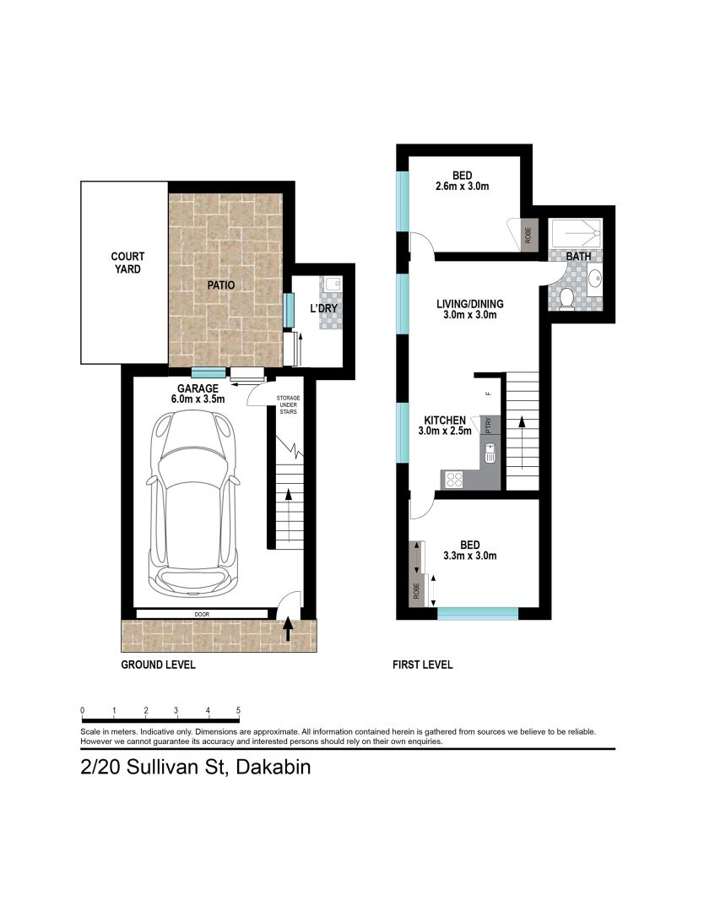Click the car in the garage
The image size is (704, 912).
tap(193, 503)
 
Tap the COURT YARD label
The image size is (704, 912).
tap(127, 263)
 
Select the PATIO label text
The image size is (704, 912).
tap(221, 285)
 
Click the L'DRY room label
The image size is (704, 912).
tap(324, 307)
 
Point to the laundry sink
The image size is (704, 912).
tap(333, 285)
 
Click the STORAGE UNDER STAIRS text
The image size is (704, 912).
tap(289, 404)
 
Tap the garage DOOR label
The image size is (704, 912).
tap(202, 614)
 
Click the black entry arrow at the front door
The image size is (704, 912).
tap(287, 630)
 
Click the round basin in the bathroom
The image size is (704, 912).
tap(595, 280)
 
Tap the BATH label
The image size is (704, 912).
tap(578, 256)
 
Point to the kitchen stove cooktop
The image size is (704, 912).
tap(453, 480)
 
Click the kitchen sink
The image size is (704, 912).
tap(491, 453)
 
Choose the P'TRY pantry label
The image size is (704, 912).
tap(488, 425)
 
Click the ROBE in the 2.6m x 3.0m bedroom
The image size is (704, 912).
tap(528, 235)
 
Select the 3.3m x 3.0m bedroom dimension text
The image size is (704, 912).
tap(469, 556)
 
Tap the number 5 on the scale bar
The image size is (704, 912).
tap(238, 710)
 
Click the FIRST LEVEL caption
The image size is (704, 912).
tap(423, 665)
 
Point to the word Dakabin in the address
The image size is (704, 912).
tap(273, 767)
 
